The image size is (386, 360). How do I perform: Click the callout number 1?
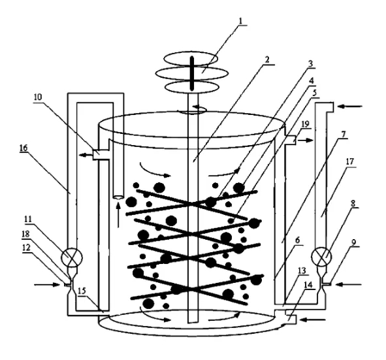(x=241, y=21)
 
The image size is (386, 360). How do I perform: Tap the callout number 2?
(x=266, y=60)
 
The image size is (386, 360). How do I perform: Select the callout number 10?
(x=38, y=97)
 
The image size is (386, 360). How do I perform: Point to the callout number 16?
(x=24, y=148)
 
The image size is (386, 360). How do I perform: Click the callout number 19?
(x=305, y=124)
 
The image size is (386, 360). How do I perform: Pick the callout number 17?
(x=349, y=162)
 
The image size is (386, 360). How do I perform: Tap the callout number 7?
(x=343, y=135)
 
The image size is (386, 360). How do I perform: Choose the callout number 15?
(x=82, y=291)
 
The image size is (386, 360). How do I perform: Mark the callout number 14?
(x=308, y=285)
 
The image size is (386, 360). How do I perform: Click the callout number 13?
(x=302, y=271)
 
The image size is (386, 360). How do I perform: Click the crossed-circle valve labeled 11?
(x=72, y=257)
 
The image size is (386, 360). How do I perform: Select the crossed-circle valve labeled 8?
(x=321, y=257)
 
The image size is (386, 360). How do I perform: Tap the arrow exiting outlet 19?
(x=305, y=140)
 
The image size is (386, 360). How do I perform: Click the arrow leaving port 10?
(x=86, y=155)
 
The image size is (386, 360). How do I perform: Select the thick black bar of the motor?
(x=192, y=74)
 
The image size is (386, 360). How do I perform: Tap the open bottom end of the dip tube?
(x=119, y=197)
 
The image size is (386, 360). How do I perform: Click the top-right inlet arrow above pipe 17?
(x=350, y=106)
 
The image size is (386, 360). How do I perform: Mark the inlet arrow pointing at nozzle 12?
(x=47, y=285)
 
